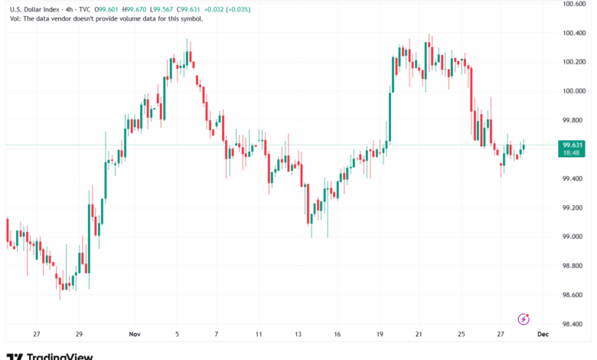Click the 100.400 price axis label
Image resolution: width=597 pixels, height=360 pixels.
click(x=573, y=33)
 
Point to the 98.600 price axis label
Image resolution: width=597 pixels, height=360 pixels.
click(x=573, y=295)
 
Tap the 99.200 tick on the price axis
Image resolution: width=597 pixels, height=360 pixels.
click(x=573, y=208)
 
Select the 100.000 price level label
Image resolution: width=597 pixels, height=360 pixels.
click(x=573, y=91)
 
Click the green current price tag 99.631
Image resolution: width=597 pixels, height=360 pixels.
click(x=573, y=144)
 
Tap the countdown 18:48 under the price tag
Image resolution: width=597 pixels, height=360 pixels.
click(x=573, y=152)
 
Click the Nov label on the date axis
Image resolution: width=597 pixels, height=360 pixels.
click(x=135, y=334)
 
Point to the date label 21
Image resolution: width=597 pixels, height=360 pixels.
click(x=419, y=334)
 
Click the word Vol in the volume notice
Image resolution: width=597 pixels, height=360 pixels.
click(x=15, y=18)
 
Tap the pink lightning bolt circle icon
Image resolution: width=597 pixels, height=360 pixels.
click(x=524, y=319)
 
